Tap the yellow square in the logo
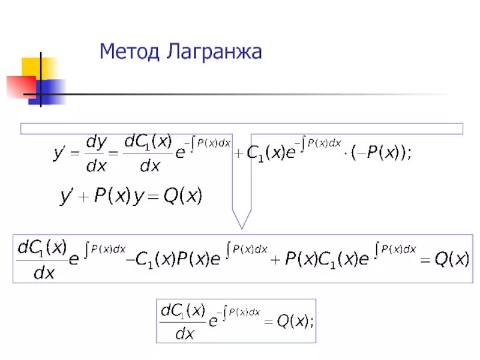[x=37, y=67]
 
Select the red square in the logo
[x=21, y=86]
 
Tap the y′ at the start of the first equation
[x=61, y=155]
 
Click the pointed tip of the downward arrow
[x=241, y=227]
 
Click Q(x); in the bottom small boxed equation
[x=295, y=322]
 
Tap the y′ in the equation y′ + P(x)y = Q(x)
[x=65, y=197]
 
